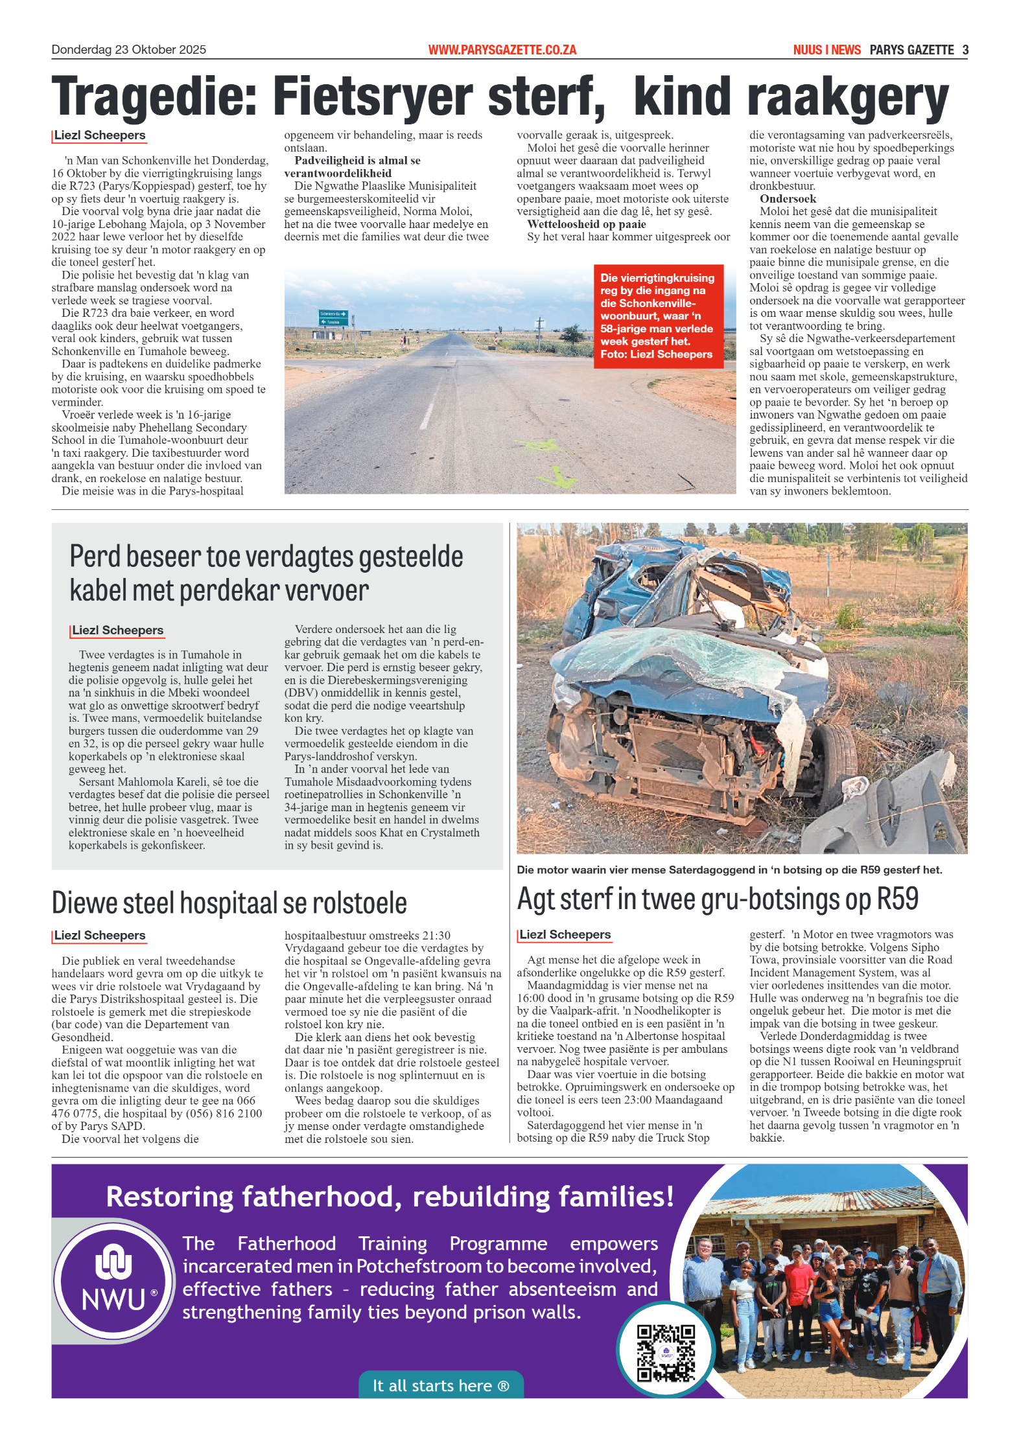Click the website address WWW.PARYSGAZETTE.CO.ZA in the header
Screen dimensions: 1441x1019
click(502, 50)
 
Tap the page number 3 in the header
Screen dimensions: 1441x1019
click(965, 50)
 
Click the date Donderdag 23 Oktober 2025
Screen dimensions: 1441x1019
click(128, 50)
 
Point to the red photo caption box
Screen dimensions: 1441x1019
click(657, 316)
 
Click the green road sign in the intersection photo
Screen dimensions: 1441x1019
click(333, 317)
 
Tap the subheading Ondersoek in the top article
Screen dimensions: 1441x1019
click(788, 199)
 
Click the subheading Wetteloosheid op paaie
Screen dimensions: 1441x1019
click(586, 224)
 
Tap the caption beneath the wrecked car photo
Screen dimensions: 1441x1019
click(729, 870)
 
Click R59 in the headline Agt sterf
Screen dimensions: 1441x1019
click(897, 899)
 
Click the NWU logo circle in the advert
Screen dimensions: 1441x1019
click(113, 1280)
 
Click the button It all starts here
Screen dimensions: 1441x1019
click(441, 1385)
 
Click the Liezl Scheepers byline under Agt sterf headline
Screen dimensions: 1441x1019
click(565, 934)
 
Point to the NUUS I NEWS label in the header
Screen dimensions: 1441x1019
click(826, 50)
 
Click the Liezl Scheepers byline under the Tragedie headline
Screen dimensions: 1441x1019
click(99, 135)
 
